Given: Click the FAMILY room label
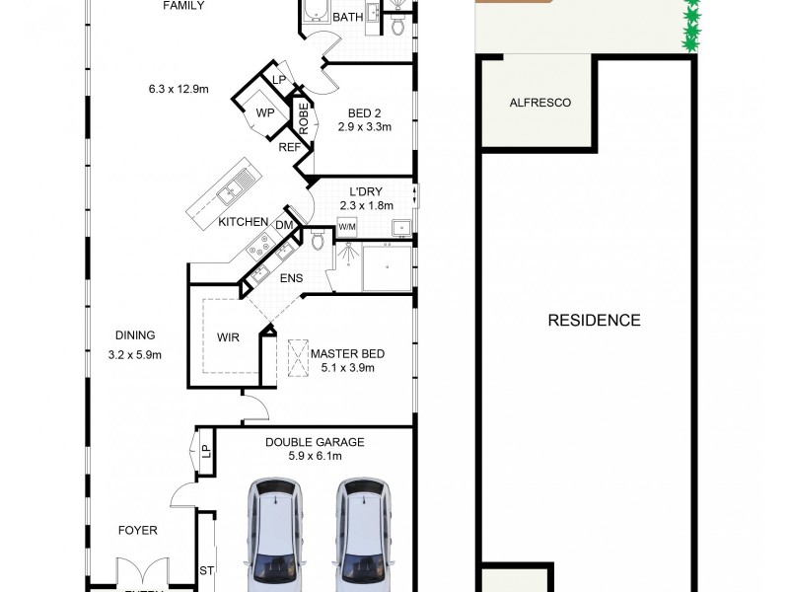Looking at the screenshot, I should tap(184, 5).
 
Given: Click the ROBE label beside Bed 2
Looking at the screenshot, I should tap(304, 119).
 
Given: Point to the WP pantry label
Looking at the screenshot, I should tap(264, 112).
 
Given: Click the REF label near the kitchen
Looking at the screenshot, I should tap(289, 147).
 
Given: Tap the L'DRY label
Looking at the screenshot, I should tap(365, 191).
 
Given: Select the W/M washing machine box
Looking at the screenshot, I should tap(347, 227).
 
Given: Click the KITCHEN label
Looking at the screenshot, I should tap(244, 222).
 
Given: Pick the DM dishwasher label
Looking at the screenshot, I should tap(283, 226).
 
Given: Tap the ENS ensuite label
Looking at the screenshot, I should tap(291, 279).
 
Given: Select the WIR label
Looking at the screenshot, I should tap(229, 336).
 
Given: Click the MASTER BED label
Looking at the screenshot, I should tap(347, 353).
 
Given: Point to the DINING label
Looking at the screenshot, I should tap(134, 335).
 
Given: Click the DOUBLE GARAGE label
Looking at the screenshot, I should tap(315, 442).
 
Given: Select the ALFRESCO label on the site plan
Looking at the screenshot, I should tap(539, 103).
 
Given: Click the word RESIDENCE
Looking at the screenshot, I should tap(594, 320).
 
